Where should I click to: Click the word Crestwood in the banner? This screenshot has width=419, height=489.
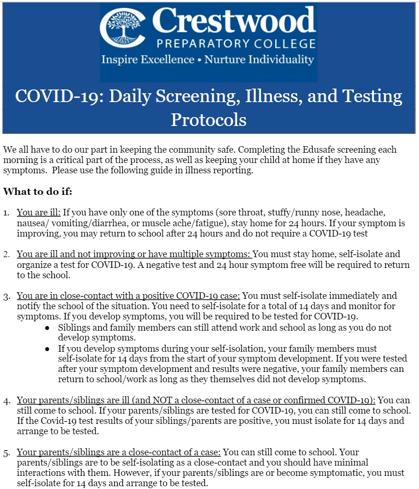[234, 21]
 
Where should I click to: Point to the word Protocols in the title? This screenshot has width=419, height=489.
[209, 119]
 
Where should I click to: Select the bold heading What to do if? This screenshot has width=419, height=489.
[38, 192]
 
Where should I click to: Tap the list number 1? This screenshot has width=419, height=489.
[6, 212]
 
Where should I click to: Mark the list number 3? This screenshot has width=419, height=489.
[7, 296]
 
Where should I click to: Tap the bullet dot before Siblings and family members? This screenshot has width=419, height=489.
[47, 328]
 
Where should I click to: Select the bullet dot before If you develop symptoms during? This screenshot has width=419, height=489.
[47, 349]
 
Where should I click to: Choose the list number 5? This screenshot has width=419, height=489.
[7, 452]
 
